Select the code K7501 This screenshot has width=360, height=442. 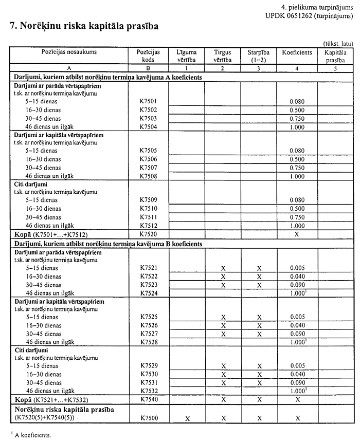148,102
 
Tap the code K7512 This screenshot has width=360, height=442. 148,225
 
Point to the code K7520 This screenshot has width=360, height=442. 148,234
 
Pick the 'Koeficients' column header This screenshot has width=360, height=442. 297,52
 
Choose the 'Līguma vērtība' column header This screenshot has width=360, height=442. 187,56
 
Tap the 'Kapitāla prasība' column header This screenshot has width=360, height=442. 335,56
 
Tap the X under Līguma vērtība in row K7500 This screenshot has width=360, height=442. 187,419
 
